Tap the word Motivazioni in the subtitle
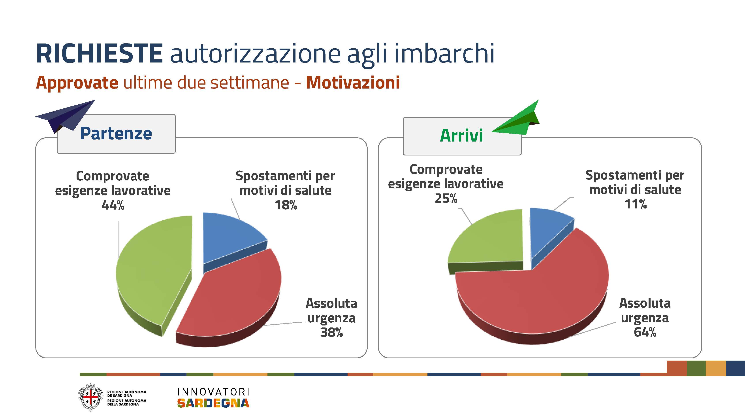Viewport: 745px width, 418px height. pos(353,83)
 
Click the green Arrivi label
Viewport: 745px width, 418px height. pos(461,136)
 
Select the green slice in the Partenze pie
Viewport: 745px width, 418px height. pos(153,275)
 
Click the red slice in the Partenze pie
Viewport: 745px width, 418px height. pos(231,298)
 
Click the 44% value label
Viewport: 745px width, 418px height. pos(113,205)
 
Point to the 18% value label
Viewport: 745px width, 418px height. pos(286,205)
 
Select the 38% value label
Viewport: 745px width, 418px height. pos(332,332)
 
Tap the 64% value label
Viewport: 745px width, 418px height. pos(645,332)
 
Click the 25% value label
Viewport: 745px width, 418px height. pos(446,198)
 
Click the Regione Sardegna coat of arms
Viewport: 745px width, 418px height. pos(90,397)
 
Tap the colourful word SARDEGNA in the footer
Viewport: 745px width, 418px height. pos(213,403)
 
